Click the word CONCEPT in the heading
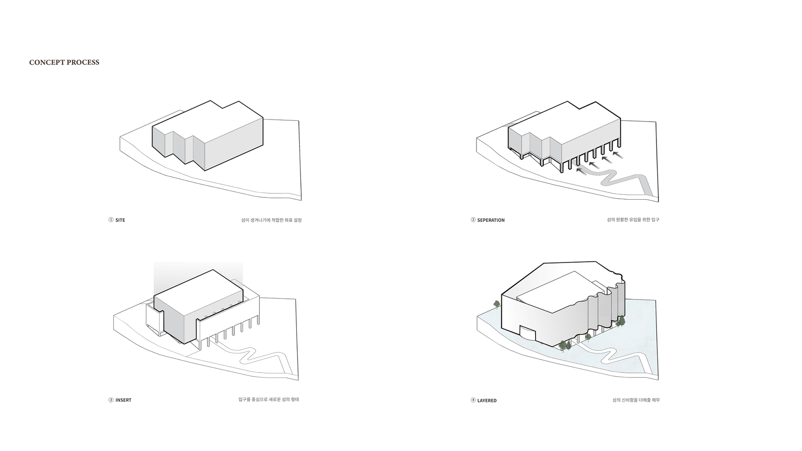(x=47, y=63)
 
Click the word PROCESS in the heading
(x=83, y=63)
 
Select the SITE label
(x=120, y=220)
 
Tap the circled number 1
(x=111, y=220)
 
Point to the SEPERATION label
(x=491, y=220)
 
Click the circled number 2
(x=473, y=220)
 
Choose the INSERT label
(x=123, y=400)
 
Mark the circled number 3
(x=111, y=400)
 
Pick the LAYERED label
(x=487, y=400)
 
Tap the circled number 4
(x=473, y=400)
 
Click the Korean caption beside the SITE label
(x=272, y=220)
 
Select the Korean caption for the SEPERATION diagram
(x=633, y=220)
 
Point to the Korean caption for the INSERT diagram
(x=269, y=400)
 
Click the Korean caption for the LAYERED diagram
(x=636, y=400)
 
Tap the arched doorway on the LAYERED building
(x=527, y=333)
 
